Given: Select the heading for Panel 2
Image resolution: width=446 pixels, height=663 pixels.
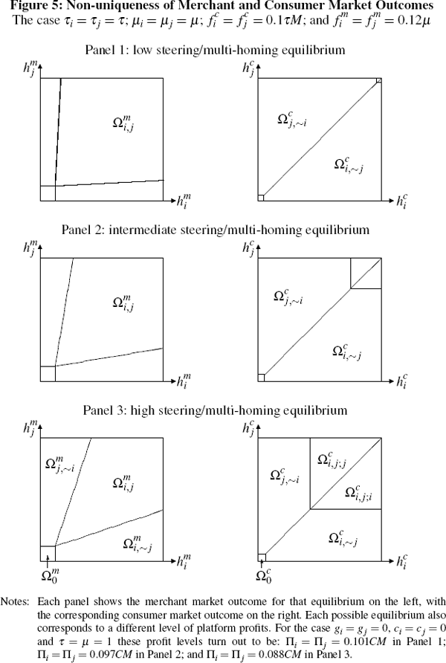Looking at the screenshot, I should point(222,230).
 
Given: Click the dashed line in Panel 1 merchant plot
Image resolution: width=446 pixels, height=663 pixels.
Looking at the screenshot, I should point(57,134).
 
